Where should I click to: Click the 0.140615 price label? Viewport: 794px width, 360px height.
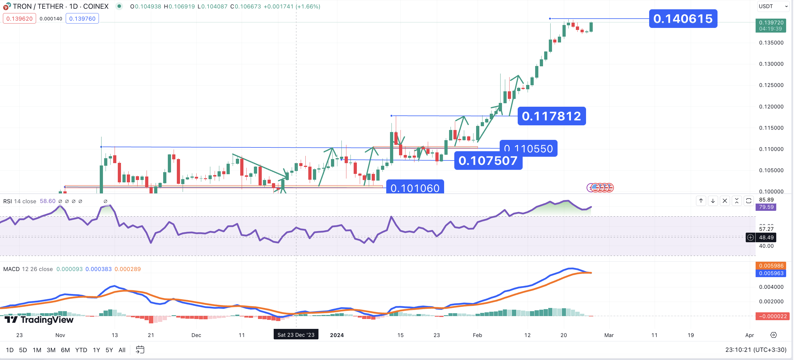point(683,19)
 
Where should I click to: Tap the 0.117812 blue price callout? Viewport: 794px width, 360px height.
point(551,116)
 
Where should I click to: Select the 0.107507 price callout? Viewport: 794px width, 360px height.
point(488,161)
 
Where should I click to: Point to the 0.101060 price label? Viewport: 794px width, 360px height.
point(415,188)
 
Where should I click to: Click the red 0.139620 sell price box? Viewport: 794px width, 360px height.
point(19,19)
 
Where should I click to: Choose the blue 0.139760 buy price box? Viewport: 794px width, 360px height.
point(82,19)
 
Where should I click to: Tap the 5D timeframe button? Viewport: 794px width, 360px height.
point(23,350)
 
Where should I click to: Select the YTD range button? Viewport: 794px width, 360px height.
point(81,350)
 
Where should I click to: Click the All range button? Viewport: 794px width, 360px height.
point(122,350)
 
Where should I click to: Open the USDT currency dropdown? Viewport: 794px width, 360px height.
point(773,6)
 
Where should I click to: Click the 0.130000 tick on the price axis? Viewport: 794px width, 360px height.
point(771,64)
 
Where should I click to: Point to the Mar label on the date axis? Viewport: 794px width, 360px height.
point(609,335)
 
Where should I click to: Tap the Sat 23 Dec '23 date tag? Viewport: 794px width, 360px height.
point(296,335)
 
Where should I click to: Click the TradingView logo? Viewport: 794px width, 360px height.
point(39,320)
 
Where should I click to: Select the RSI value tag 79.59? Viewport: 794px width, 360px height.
point(766,207)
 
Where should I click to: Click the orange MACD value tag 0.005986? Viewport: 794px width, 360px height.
point(771,266)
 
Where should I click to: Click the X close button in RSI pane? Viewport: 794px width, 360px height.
point(725,201)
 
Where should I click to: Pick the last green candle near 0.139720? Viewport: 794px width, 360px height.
point(591,27)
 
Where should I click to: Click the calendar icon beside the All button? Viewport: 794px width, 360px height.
point(140,350)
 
